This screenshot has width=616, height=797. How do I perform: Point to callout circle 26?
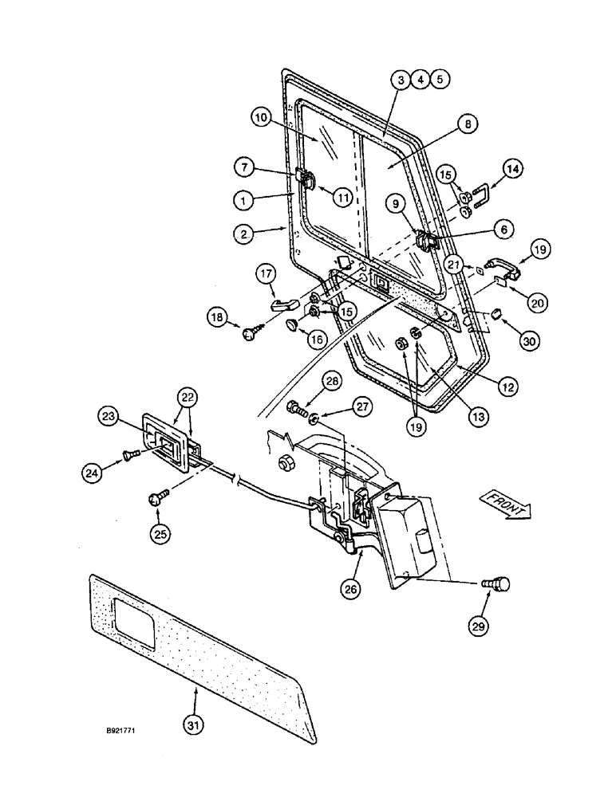[351, 589]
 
